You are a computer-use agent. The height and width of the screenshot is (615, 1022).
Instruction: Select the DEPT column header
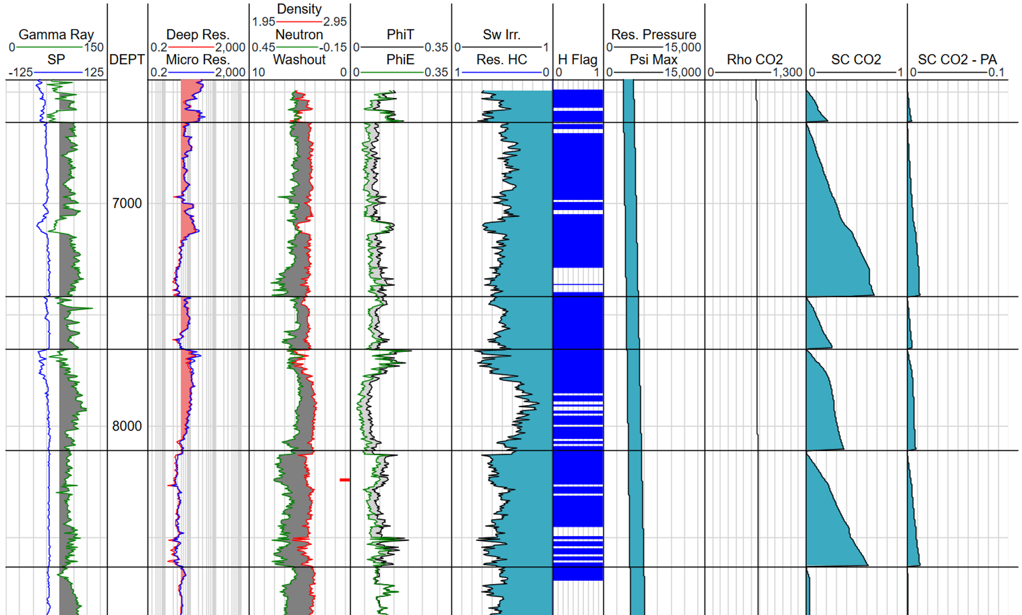tap(127, 60)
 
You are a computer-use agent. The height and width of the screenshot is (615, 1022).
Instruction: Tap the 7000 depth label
tap(127, 204)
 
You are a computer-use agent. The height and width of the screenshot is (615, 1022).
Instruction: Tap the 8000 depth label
tap(127, 426)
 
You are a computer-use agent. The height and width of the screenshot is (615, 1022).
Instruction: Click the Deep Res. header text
tap(198, 34)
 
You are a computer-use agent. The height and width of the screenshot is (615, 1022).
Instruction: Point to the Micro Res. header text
tap(198, 60)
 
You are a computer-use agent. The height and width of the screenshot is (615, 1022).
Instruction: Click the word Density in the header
tap(299, 9)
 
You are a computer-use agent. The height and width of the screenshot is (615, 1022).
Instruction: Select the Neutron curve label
tap(299, 34)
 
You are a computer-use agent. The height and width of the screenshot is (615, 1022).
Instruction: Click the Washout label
tap(299, 60)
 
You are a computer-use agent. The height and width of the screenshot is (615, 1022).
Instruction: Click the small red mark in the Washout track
tap(344, 480)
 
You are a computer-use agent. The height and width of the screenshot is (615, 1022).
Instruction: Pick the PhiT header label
tap(400, 34)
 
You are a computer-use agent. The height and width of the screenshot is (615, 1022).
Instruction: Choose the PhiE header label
tap(400, 60)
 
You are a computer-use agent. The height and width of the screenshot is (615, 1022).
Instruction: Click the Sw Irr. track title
tap(501, 34)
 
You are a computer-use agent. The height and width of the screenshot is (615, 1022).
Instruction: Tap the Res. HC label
tap(501, 60)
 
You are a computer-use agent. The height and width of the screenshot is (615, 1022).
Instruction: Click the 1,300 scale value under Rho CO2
tap(787, 73)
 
